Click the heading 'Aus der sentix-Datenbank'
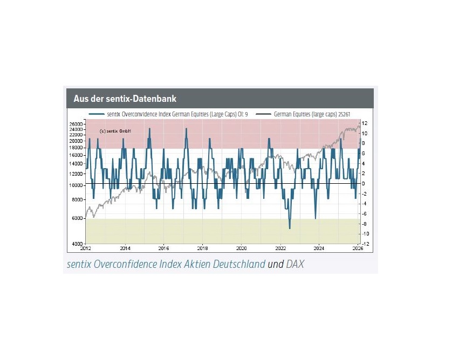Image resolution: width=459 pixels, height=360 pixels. [x=125, y=99]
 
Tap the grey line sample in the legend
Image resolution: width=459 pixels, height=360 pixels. [x=264, y=114]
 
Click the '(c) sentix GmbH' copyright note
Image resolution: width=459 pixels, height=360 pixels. [x=115, y=131]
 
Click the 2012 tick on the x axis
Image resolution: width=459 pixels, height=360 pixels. [x=86, y=248]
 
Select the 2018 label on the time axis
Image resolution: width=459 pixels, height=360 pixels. [x=203, y=248]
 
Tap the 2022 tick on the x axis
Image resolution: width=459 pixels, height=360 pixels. [x=280, y=248]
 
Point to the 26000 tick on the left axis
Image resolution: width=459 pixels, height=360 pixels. [x=76, y=124]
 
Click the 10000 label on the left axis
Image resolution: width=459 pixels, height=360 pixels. [x=76, y=185]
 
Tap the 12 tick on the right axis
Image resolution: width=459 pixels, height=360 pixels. [x=365, y=123]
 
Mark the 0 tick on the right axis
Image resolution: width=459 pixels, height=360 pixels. [x=364, y=184]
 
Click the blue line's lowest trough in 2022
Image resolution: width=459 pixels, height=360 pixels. [x=290, y=229]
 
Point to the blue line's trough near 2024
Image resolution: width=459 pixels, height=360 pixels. [x=315, y=218]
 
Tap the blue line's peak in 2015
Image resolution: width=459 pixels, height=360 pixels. [x=149, y=128]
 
